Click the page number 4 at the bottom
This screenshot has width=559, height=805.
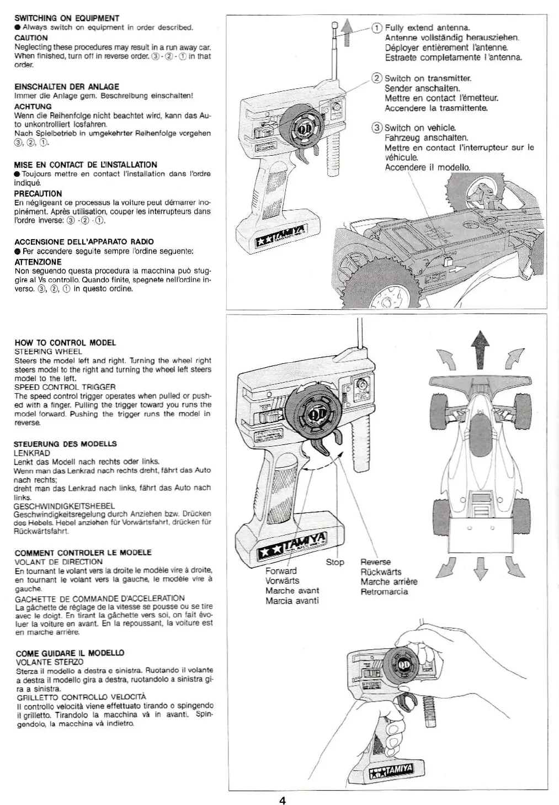click(x=282, y=801)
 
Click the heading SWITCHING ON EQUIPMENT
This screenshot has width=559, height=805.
click(x=67, y=18)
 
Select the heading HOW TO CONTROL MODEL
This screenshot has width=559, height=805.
click(x=65, y=343)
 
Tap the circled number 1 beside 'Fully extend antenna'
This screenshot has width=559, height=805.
click(x=377, y=28)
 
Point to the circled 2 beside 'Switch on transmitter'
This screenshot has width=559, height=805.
click(x=377, y=78)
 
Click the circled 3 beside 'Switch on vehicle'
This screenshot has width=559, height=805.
click(x=377, y=128)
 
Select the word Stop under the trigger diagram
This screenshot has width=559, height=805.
click(x=334, y=562)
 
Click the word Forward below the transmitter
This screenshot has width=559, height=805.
click(x=281, y=571)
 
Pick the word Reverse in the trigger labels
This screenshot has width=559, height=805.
click(x=375, y=562)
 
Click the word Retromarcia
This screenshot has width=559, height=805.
click(x=384, y=592)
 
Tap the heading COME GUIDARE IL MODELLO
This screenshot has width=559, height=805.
click(x=69, y=653)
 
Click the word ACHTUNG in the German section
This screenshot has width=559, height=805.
click(x=33, y=107)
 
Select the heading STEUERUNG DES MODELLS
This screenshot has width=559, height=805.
click(x=65, y=444)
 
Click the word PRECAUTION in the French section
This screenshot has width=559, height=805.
click(x=38, y=194)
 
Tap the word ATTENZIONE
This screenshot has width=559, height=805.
click(x=38, y=262)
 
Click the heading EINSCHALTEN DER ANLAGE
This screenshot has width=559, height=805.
click(x=66, y=87)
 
